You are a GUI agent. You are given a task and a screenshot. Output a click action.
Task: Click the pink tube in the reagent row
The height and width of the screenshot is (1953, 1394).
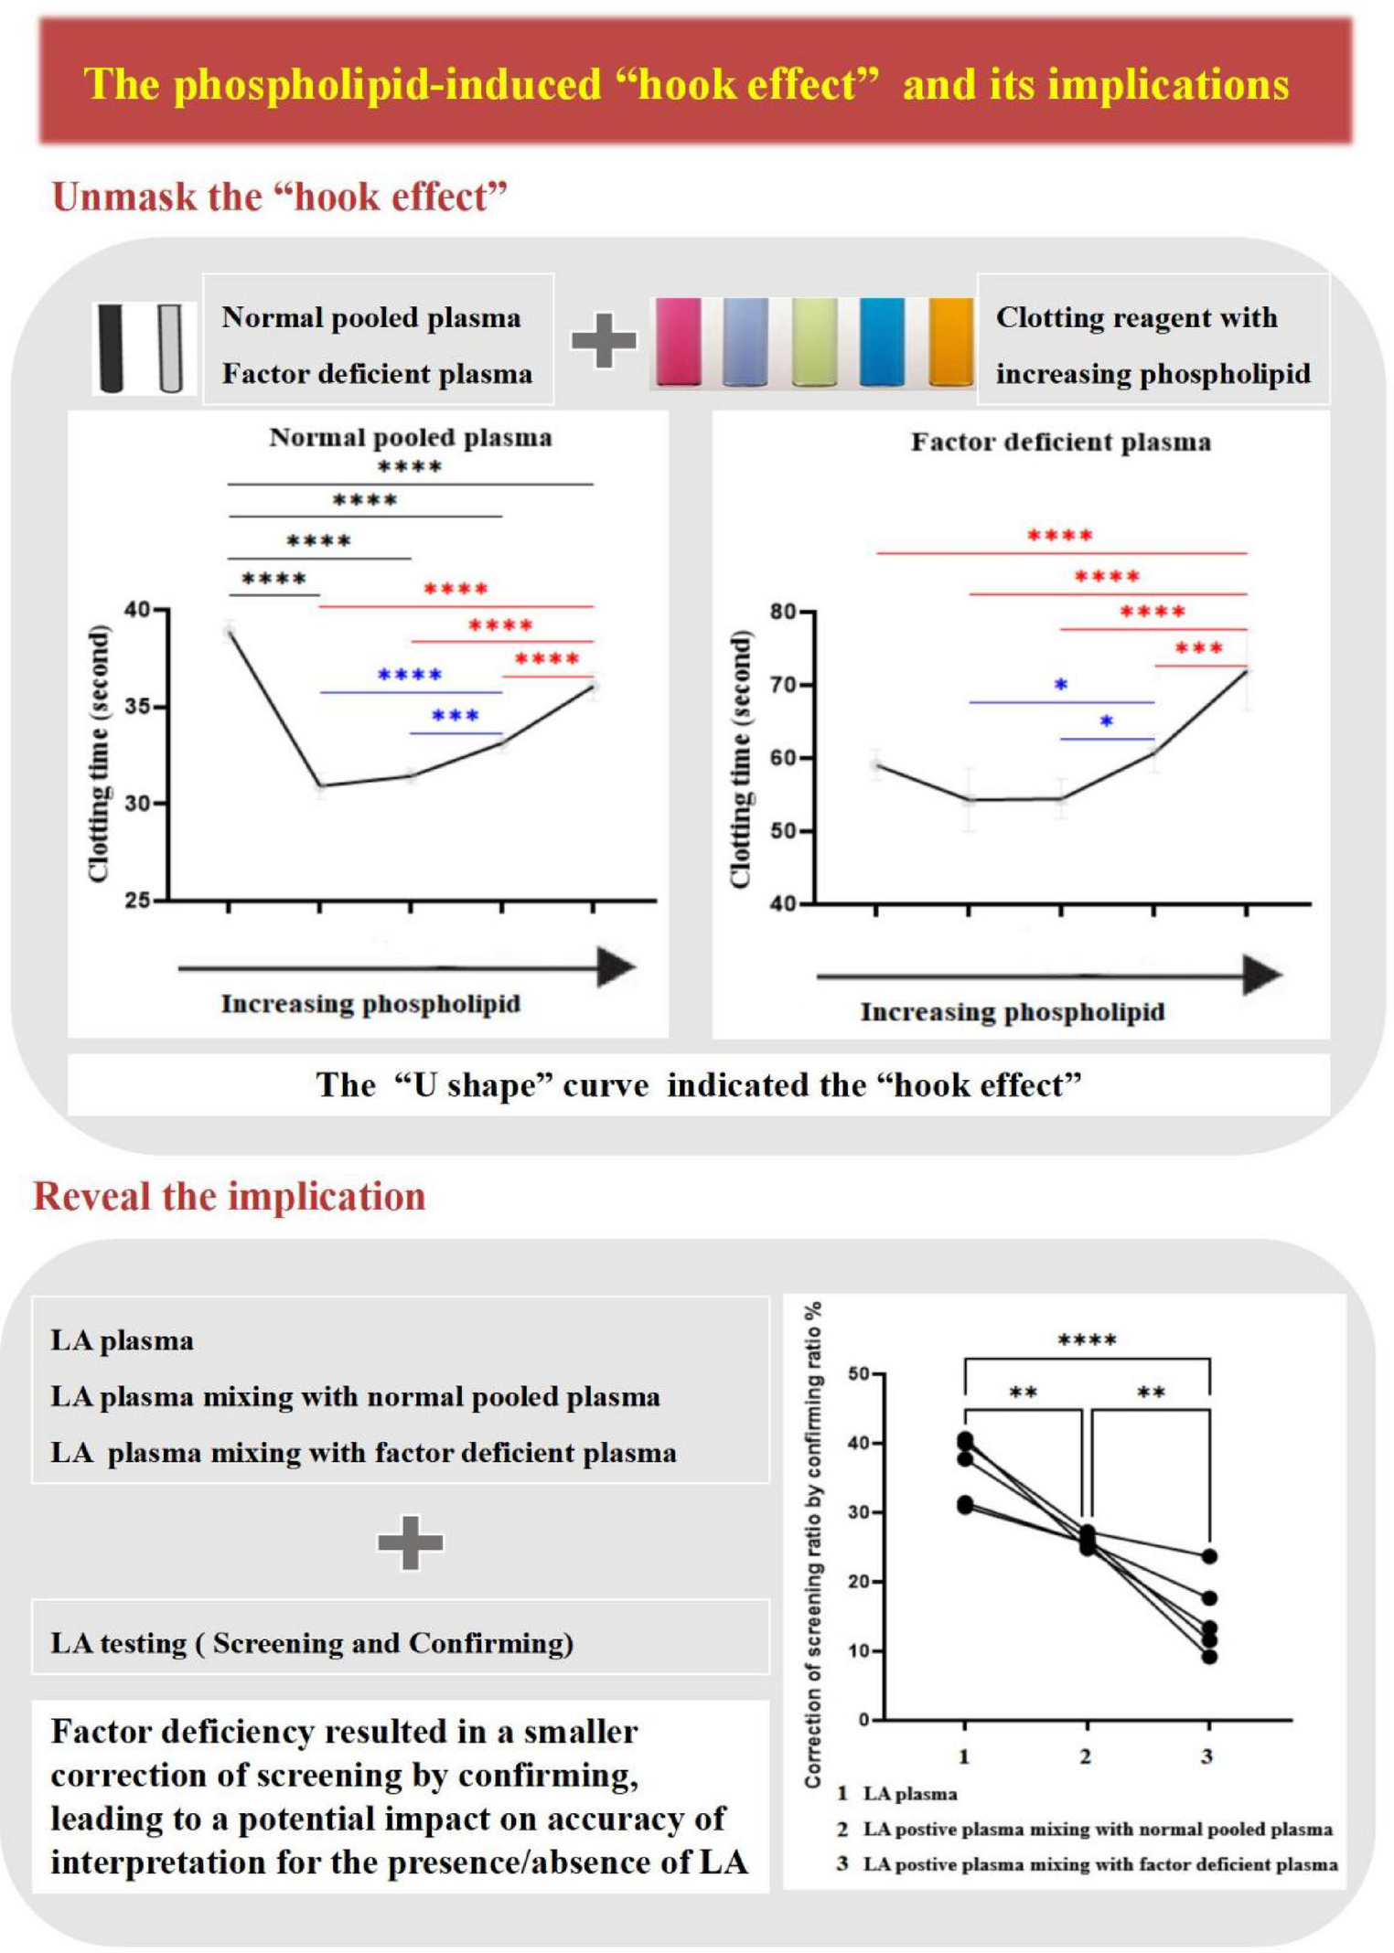(x=679, y=341)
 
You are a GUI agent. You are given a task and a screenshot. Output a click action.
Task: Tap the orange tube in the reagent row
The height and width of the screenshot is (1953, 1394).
(x=950, y=341)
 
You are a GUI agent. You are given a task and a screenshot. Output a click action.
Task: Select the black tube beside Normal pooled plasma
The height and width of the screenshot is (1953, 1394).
(x=111, y=348)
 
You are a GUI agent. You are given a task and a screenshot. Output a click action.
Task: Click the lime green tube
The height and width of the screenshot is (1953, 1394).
(x=814, y=341)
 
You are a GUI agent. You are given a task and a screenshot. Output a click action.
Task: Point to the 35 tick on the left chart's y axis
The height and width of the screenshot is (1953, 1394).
(x=137, y=707)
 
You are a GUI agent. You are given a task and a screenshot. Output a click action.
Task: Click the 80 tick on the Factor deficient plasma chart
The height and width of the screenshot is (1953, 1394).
(x=783, y=612)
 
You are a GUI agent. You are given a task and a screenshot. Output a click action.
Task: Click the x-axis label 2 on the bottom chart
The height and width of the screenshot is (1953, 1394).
(x=1086, y=1756)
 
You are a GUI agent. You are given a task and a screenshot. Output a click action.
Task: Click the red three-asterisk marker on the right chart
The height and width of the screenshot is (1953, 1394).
(x=1198, y=648)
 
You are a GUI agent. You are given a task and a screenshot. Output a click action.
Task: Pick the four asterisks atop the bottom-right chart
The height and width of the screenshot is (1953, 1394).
(x=1087, y=1341)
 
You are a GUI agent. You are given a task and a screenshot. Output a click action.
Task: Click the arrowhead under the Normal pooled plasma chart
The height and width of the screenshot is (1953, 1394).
(x=617, y=967)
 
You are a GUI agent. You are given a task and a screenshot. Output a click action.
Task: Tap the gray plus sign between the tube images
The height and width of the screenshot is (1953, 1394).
(x=604, y=341)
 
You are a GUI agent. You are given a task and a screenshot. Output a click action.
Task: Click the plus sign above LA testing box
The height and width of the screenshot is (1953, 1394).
(x=410, y=1542)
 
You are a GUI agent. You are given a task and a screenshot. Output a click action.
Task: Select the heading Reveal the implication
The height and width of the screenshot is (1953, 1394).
(x=230, y=1197)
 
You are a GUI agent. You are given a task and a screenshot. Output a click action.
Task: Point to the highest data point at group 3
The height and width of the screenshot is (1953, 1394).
(x=1209, y=1556)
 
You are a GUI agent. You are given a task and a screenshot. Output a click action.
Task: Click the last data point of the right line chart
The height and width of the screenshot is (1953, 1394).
(x=1246, y=671)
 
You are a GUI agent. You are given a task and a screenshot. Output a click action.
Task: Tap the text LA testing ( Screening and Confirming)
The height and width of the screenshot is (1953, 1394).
(x=312, y=1643)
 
